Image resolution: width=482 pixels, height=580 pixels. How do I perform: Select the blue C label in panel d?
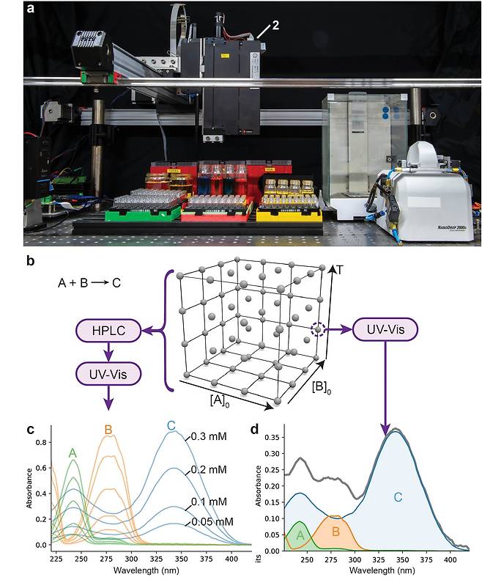pyautogui.click(x=398, y=497)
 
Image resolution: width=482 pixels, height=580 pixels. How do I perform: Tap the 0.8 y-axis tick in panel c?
pyautogui.click(x=40, y=442)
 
